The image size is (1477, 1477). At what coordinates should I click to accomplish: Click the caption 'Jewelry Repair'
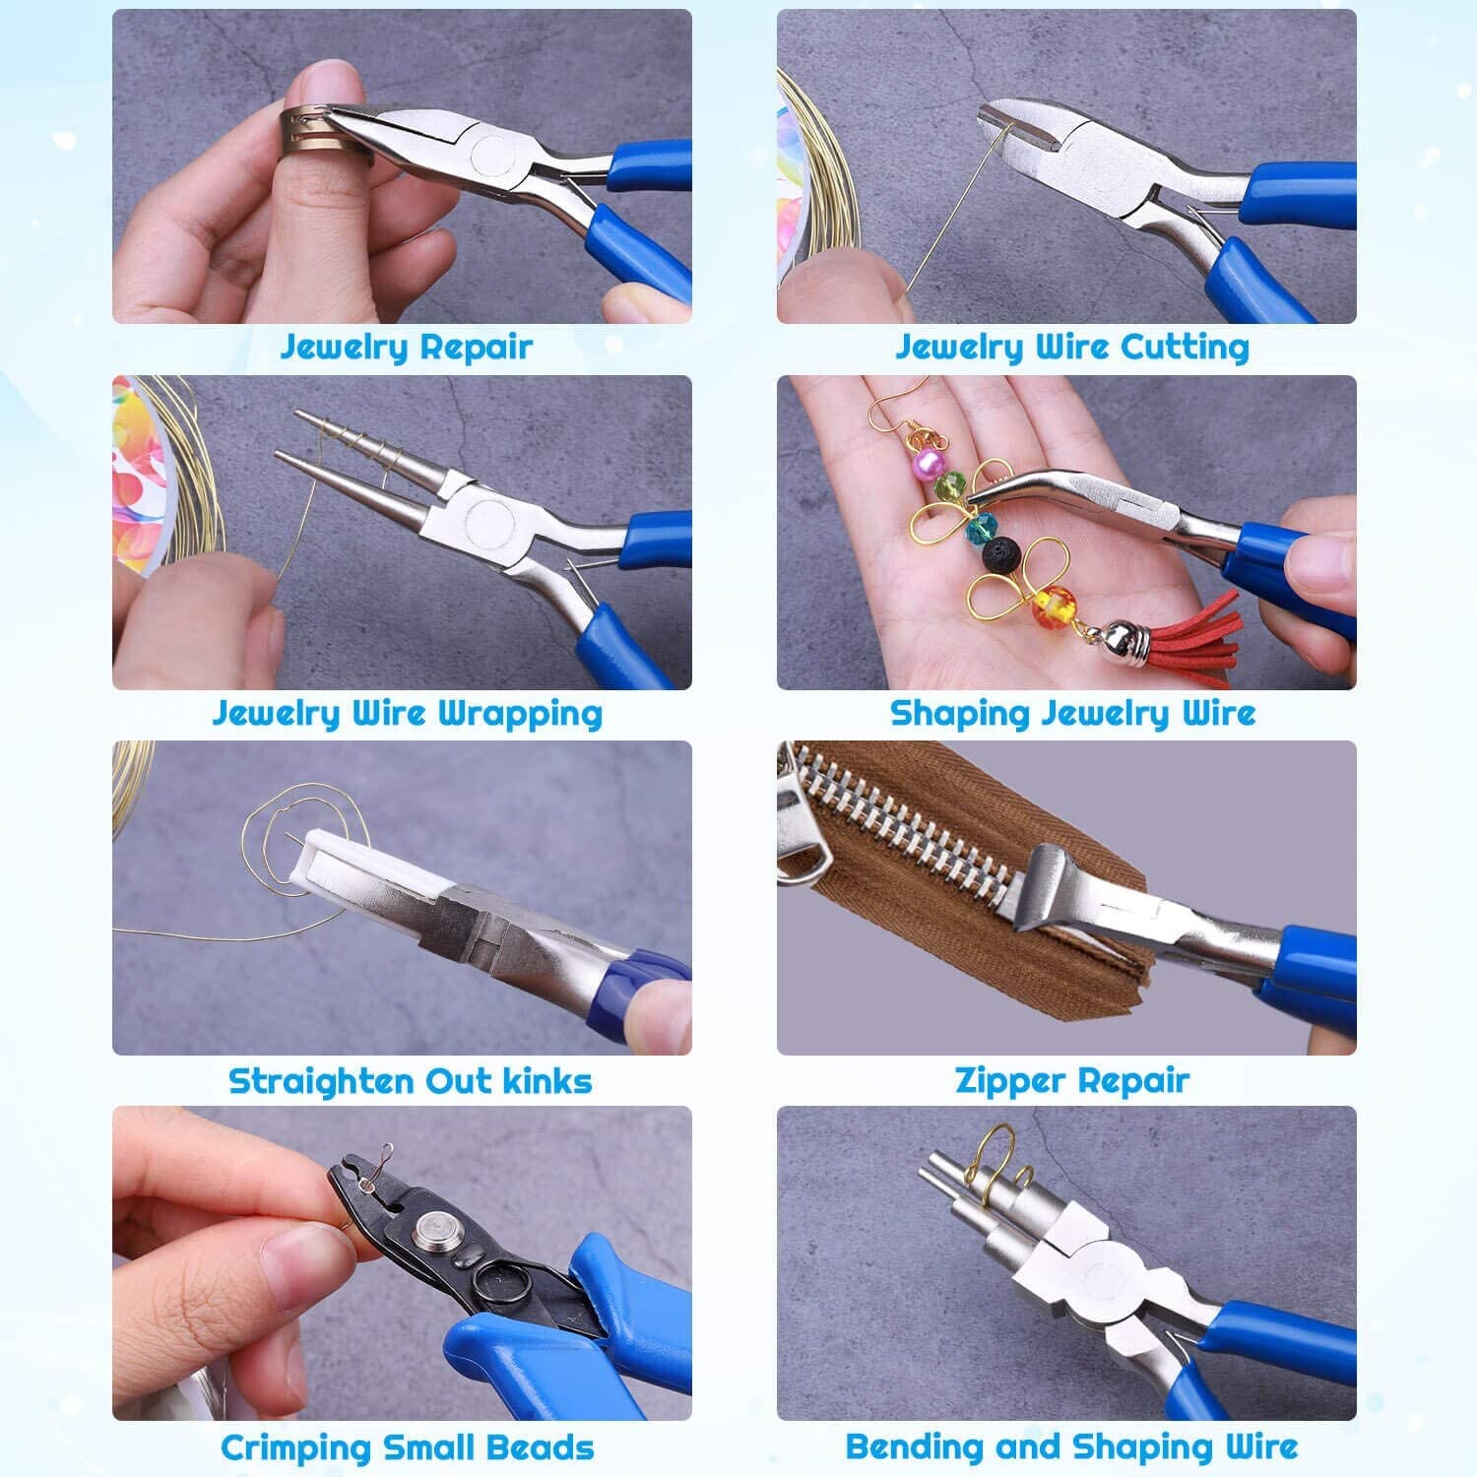(x=406, y=347)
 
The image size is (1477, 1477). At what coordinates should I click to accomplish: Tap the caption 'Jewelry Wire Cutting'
(x=1071, y=347)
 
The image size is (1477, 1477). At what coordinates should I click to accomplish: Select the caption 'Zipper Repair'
(x=1071, y=1080)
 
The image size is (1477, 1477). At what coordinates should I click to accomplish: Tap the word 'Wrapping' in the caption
(x=519, y=714)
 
